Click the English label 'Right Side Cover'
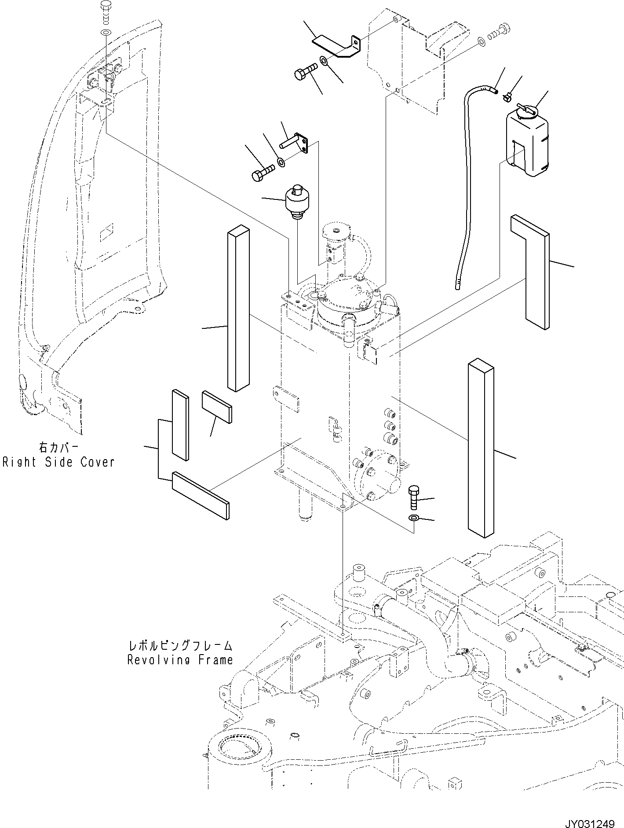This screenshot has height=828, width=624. (x=58, y=462)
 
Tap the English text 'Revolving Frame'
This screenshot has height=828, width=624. (x=179, y=660)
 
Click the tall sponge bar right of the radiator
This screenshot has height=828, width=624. (x=482, y=449)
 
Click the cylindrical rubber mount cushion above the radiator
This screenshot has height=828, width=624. (x=297, y=201)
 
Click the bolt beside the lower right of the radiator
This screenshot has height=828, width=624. (x=414, y=497)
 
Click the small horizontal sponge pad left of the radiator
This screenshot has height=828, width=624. (x=217, y=406)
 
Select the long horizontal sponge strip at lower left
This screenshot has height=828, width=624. (x=200, y=496)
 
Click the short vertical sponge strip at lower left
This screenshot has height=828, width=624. (x=180, y=425)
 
